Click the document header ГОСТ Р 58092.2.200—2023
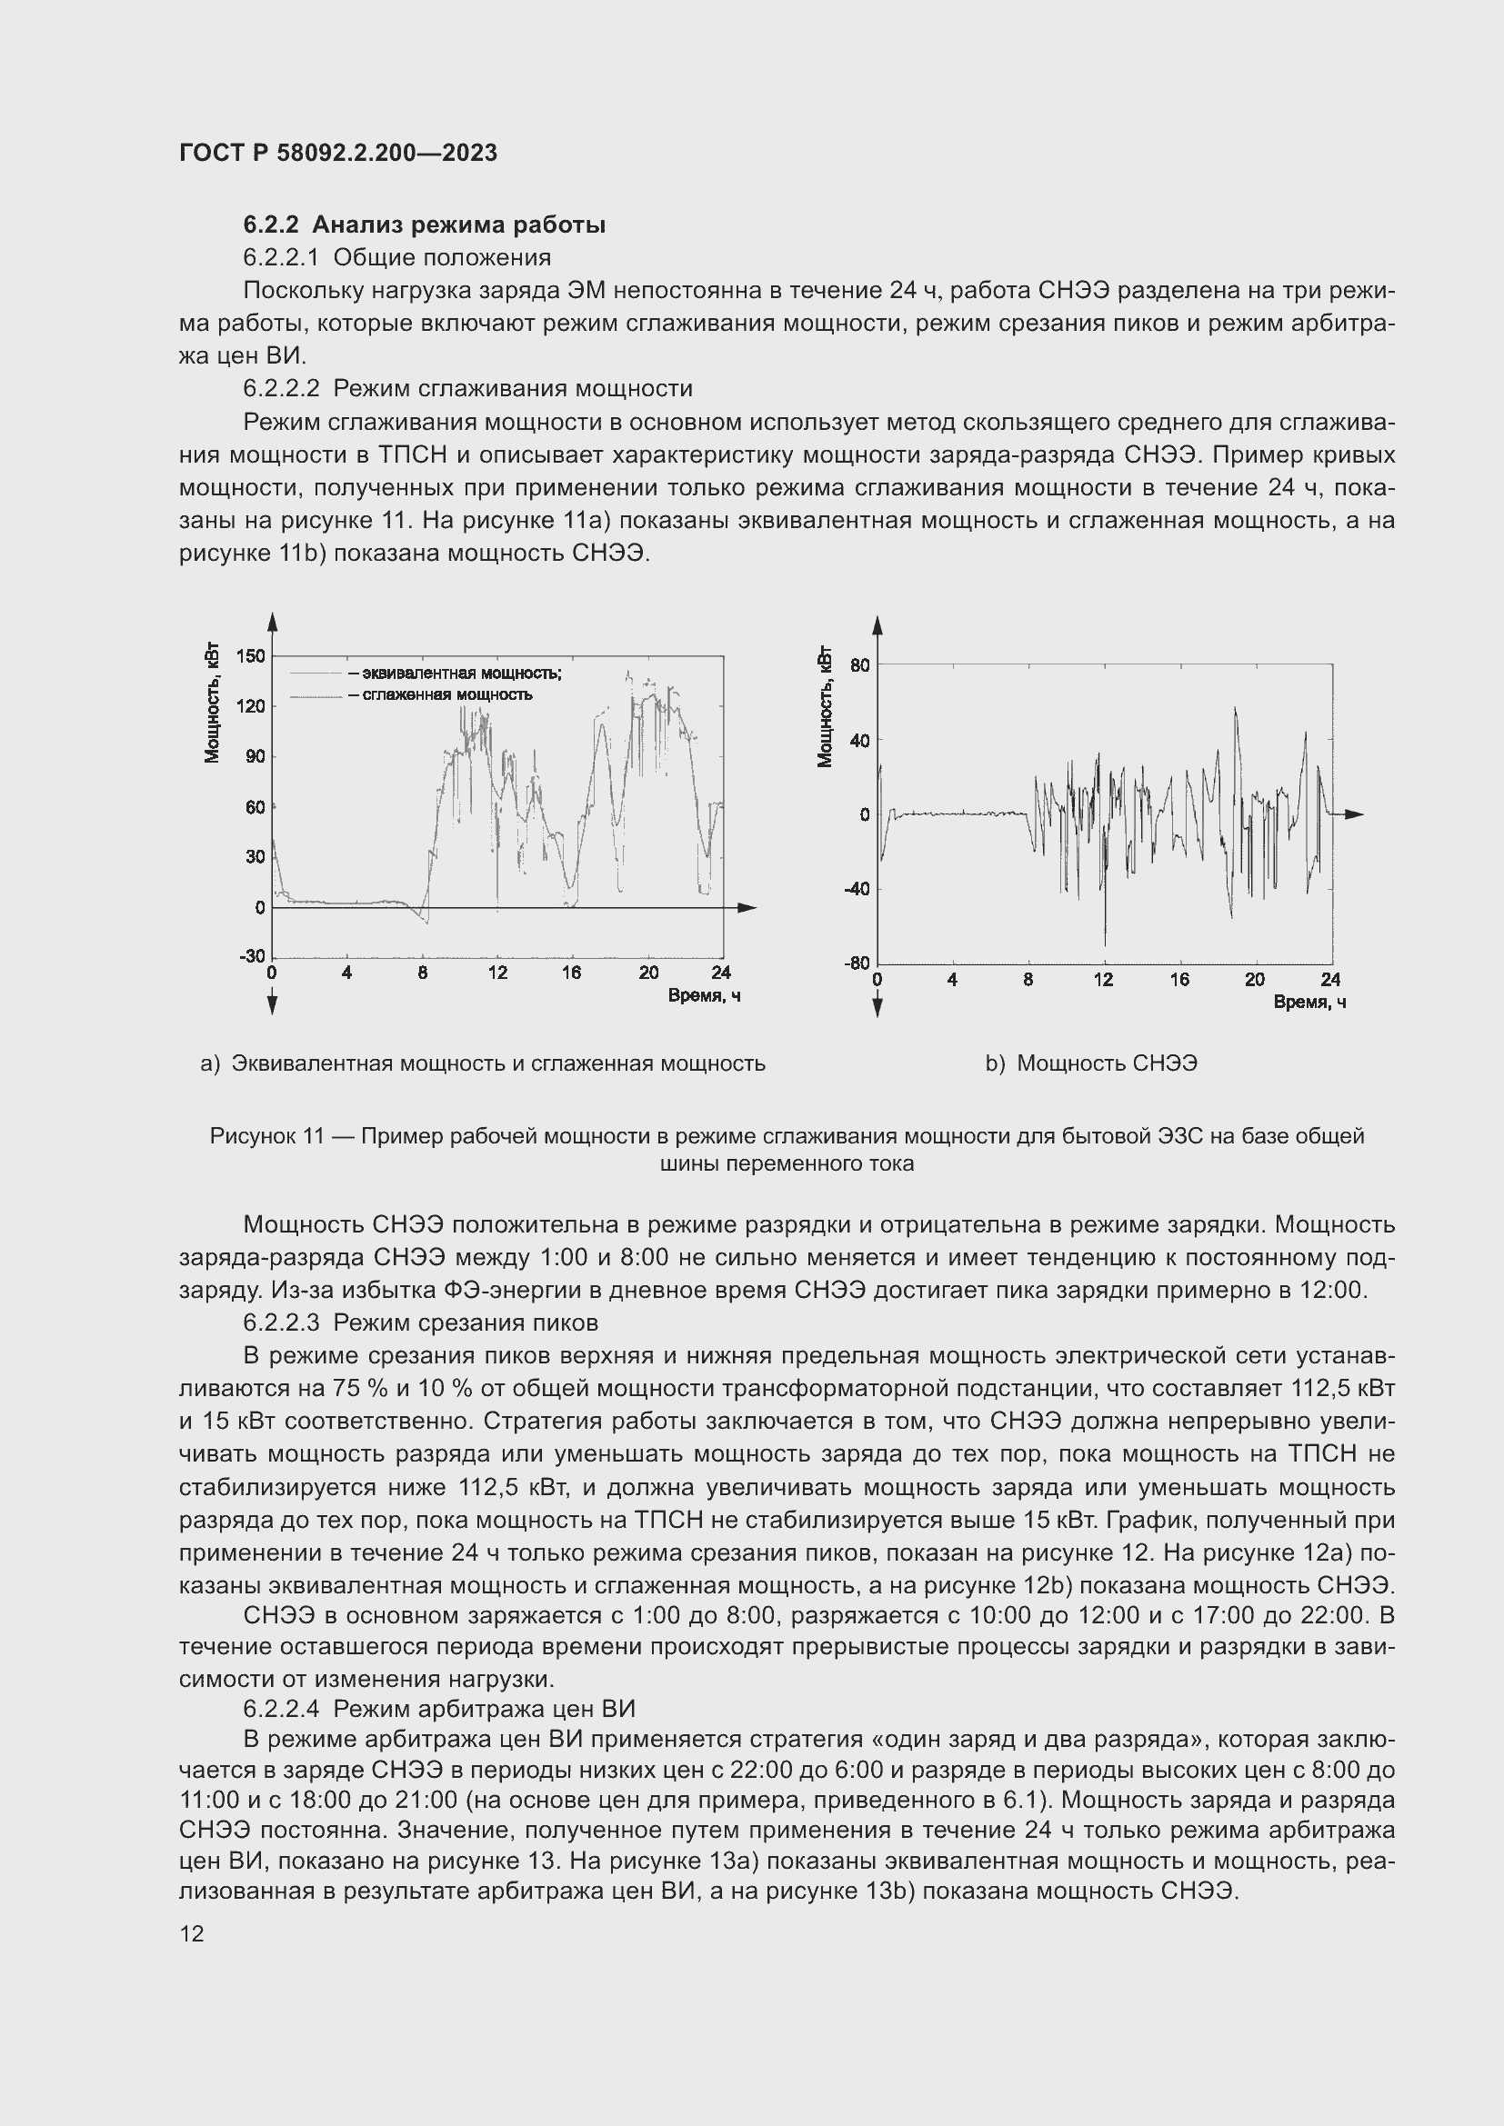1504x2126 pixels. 338,153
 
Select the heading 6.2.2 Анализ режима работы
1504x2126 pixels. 424,225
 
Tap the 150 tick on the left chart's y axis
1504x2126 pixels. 251,655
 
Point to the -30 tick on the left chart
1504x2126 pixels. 252,955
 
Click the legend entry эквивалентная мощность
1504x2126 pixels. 455,674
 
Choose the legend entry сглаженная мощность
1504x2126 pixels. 440,694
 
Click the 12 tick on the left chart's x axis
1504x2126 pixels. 498,973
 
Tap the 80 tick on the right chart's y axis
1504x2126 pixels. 860,664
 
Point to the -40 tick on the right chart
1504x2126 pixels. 857,889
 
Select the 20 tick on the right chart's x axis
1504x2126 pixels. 1255,980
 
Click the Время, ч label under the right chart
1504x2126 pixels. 1309,1002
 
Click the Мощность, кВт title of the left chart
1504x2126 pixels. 213,701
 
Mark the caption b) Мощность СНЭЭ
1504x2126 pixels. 1091,1063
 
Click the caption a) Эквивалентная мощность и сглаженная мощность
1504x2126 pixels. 483,1063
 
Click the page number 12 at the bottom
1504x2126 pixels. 192,1933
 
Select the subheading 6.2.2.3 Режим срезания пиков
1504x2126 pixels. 420,1323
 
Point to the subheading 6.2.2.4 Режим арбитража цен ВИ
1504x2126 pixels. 439,1709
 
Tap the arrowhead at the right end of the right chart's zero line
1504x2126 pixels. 1354,813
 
